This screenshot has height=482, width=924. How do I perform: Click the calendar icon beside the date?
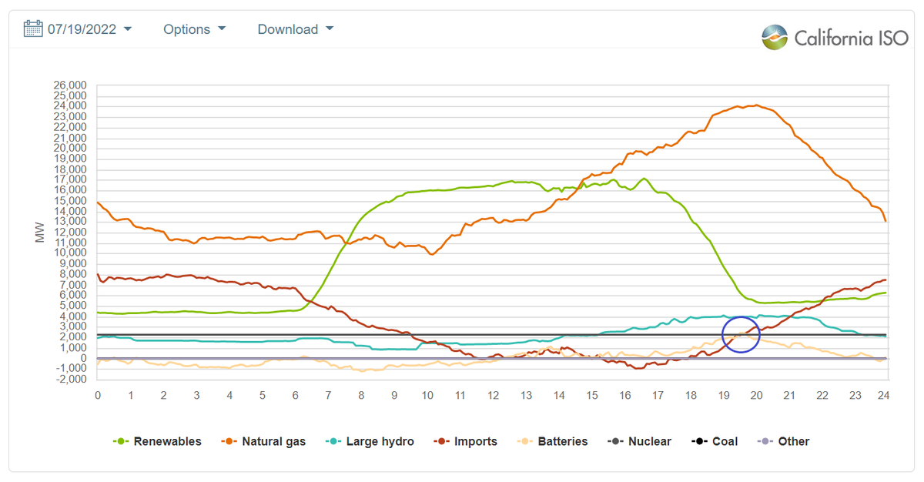(33, 29)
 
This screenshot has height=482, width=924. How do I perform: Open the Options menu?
(194, 29)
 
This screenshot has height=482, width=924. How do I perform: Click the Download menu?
(295, 29)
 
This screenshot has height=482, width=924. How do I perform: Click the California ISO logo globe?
(775, 37)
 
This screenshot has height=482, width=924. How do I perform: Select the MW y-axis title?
(40, 233)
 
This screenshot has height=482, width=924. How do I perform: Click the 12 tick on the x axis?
(493, 395)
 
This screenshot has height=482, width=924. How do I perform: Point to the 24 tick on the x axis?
(884, 395)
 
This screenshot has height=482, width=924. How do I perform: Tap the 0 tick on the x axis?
(98, 395)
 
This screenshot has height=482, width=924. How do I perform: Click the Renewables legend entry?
(157, 441)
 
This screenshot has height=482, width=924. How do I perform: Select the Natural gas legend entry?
(263, 441)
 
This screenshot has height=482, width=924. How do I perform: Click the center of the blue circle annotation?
(741, 334)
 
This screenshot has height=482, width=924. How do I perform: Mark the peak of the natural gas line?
(756, 105)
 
